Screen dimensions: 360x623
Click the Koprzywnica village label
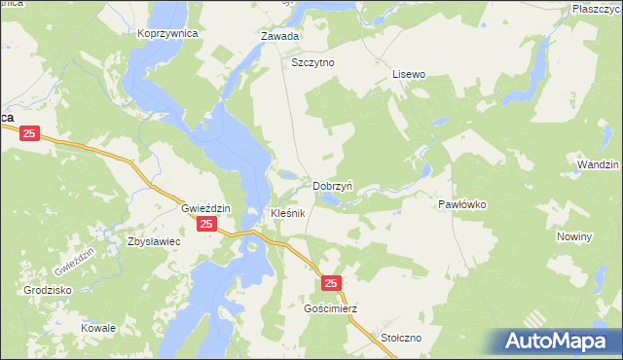point(167,32)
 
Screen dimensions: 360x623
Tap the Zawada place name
point(279,36)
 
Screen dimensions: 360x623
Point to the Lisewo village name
point(409,73)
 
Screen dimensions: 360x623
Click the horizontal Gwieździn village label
point(205,208)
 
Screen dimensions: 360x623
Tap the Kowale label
point(98,328)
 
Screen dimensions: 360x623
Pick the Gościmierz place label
point(330,308)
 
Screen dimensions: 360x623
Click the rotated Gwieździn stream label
point(75,261)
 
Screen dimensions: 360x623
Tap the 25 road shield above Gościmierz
point(331,283)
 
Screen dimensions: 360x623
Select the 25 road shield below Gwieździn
point(205,225)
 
